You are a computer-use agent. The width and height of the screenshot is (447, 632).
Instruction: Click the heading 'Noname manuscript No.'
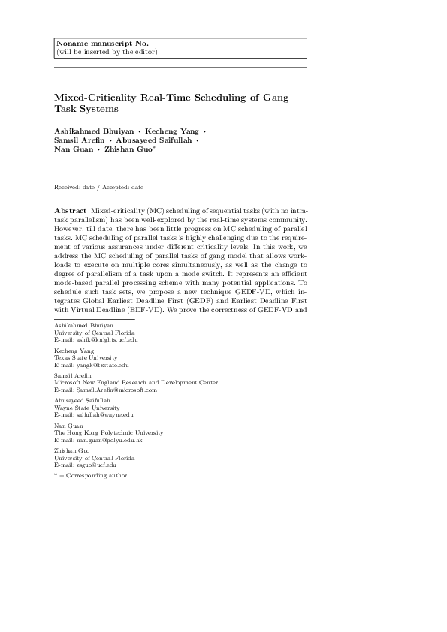click(91, 44)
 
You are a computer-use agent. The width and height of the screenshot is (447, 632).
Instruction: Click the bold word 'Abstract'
click(71, 210)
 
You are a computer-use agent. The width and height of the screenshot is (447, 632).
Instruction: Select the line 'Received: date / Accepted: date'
click(98, 186)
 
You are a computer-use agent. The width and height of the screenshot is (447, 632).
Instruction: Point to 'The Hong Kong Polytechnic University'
click(108, 433)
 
